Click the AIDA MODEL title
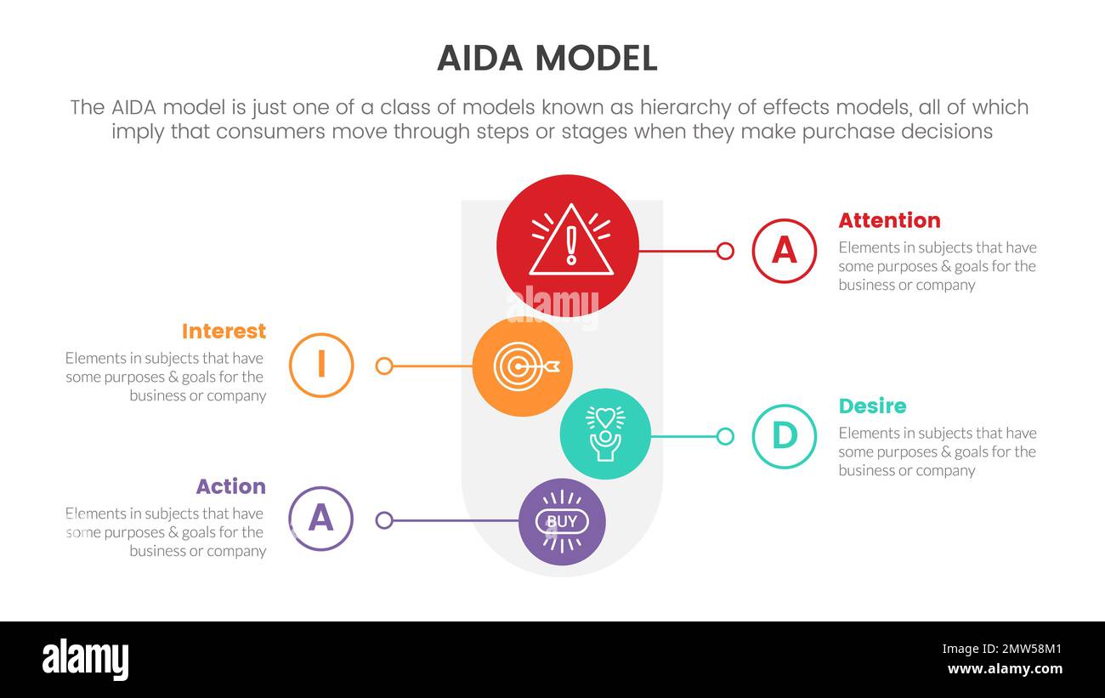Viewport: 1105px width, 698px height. point(547,58)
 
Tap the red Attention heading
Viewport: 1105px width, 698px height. point(889,220)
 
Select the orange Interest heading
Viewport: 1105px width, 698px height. point(224,331)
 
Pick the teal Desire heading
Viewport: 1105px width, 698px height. point(872,406)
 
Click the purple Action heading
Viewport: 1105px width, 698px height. point(230,486)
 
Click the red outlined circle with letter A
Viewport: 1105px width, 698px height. point(784,251)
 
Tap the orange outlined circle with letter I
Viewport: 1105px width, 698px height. point(321,366)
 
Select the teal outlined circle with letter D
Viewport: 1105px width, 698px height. point(784,436)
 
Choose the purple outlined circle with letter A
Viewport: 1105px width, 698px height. point(320,519)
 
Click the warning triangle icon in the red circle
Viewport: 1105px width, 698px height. point(570,242)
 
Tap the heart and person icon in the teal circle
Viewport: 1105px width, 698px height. point(605,434)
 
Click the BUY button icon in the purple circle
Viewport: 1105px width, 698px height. point(562,521)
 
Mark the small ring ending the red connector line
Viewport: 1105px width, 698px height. point(725,251)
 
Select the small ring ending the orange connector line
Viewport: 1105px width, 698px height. point(384,366)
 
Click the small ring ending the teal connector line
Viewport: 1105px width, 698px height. point(725,436)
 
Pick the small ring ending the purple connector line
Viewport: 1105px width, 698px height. point(384,520)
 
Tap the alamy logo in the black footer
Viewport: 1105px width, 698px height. point(85,659)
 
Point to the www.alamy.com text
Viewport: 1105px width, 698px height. point(1004,669)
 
